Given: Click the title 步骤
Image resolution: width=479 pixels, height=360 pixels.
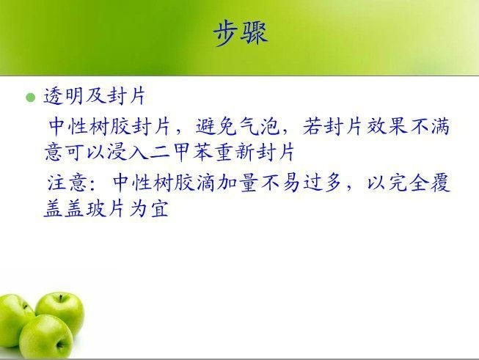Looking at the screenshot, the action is (x=241, y=33).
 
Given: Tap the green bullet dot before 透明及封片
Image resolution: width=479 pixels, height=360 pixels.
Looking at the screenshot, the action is (x=31, y=98).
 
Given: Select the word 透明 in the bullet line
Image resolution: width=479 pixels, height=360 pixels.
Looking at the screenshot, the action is (x=63, y=96).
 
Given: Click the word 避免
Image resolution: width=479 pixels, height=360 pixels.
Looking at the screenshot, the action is (x=216, y=126).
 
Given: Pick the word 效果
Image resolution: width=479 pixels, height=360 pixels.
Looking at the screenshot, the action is (x=387, y=126).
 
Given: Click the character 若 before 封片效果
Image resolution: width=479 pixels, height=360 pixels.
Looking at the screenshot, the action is (x=312, y=126).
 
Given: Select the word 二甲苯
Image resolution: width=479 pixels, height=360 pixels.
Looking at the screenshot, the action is (x=181, y=152).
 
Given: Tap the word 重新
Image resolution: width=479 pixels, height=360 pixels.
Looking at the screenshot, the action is (x=235, y=152).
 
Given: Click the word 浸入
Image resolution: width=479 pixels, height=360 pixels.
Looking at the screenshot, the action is (x=128, y=152).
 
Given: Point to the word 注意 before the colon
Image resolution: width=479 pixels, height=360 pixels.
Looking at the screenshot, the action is (x=67, y=183).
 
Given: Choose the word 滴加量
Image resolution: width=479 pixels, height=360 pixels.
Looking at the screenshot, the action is (x=227, y=183).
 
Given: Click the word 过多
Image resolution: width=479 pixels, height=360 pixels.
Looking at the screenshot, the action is (x=323, y=183).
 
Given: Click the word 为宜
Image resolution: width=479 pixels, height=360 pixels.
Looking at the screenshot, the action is (x=149, y=209).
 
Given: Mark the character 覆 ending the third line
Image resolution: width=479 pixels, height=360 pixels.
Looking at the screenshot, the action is (x=441, y=183).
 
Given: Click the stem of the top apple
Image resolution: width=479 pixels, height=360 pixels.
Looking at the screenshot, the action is (x=61, y=298).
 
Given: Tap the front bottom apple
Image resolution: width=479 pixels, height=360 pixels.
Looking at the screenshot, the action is (x=45, y=337).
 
